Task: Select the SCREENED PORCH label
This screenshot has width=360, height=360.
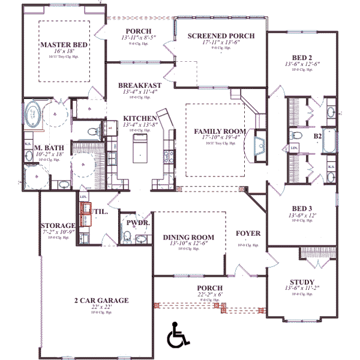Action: (x=221, y=36)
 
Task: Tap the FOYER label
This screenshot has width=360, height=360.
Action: (x=248, y=233)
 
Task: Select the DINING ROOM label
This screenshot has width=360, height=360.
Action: (x=188, y=237)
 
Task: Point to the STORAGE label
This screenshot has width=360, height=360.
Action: (x=58, y=225)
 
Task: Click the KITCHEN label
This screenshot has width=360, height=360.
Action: (x=140, y=118)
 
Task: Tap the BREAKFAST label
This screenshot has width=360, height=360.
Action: (x=139, y=85)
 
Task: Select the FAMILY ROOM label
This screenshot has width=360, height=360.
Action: (x=216, y=131)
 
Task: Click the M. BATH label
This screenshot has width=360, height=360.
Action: (x=45, y=147)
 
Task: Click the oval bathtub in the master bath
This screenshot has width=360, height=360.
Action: (x=33, y=114)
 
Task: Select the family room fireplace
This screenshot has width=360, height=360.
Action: (x=259, y=145)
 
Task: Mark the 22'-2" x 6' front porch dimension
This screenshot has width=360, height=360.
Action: (x=209, y=295)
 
